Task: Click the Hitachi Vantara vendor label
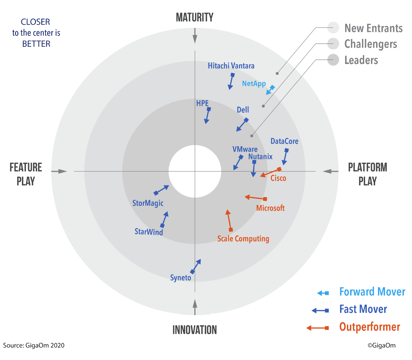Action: click(x=231, y=66)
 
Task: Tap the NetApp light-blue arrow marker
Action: click(x=270, y=90)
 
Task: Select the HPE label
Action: click(x=202, y=103)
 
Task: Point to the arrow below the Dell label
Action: click(x=243, y=125)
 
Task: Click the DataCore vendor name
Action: click(x=284, y=141)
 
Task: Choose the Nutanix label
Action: click(x=260, y=157)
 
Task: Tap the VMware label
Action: click(x=245, y=149)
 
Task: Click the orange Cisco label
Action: click(x=278, y=178)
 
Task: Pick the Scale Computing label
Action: click(x=243, y=239)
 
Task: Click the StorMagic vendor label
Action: click(x=148, y=203)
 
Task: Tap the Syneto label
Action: click(x=180, y=278)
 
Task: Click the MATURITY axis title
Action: click(x=194, y=17)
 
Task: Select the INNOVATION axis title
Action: click(x=194, y=330)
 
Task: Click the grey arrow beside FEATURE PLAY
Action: click(x=59, y=171)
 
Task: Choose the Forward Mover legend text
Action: click(x=372, y=292)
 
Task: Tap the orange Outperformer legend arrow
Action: click(x=318, y=328)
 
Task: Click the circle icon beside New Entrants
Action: click(x=333, y=28)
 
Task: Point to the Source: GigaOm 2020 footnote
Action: click(x=34, y=345)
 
